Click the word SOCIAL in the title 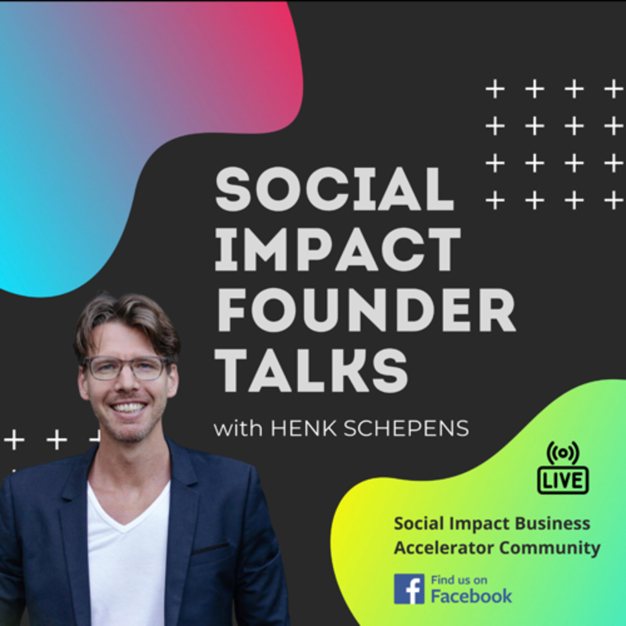pos(334,189)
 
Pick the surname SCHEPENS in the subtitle pos(406,428)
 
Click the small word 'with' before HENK pos(238,428)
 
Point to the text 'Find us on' pos(459,580)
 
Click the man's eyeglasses pos(127,368)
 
